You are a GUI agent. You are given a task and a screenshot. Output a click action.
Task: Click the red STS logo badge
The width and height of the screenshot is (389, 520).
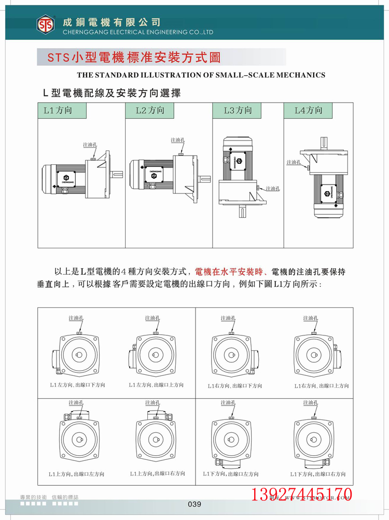point(46,23)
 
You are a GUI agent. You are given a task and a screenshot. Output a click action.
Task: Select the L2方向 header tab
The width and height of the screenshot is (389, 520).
point(149,110)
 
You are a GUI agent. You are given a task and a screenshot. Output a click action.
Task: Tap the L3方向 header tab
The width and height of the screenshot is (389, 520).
point(237,110)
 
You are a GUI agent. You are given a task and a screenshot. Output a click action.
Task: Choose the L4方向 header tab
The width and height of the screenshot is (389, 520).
point(308,110)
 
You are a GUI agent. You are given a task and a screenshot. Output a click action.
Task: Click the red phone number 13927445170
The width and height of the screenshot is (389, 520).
point(302,494)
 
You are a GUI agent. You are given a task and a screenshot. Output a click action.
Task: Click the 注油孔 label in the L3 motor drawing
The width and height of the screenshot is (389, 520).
point(273,189)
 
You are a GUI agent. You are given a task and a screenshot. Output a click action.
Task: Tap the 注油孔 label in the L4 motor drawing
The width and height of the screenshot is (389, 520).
point(294,162)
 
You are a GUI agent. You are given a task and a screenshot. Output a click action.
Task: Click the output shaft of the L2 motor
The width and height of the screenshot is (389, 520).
point(205,179)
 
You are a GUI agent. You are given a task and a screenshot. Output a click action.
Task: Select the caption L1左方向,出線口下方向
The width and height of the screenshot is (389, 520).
point(77,386)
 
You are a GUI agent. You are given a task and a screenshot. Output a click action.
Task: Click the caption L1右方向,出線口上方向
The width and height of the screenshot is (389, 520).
point(322,386)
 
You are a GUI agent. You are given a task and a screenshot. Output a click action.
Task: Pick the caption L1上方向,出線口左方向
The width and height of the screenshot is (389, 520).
point(76,474)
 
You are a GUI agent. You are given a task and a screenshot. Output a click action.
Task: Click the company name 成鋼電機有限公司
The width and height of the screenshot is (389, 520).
point(111,22)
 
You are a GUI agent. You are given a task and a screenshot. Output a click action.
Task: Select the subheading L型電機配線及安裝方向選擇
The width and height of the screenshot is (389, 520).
point(112,93)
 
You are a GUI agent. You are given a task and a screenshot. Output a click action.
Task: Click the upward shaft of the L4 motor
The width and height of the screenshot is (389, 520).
point(324,141)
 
